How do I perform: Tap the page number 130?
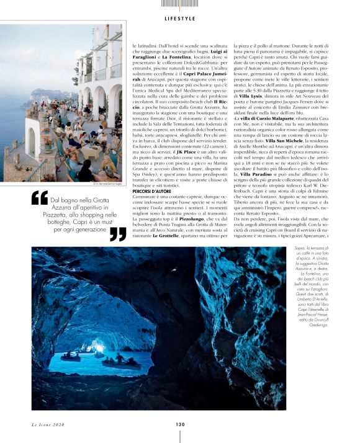click(180, 424)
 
